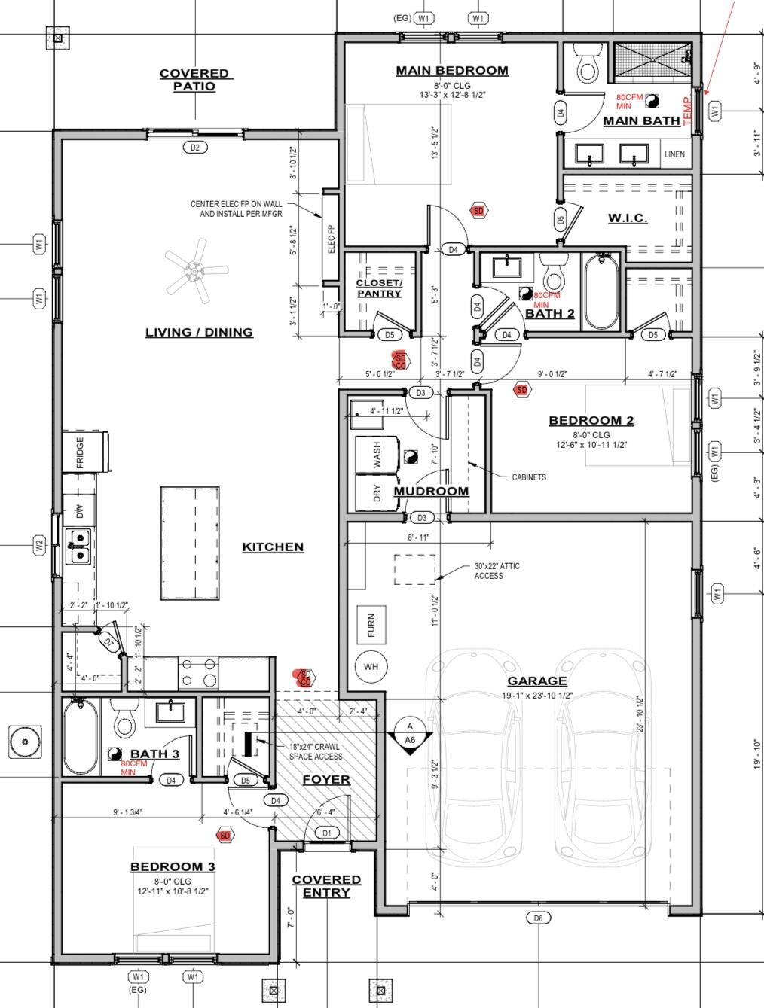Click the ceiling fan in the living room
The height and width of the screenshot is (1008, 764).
click(195, 270)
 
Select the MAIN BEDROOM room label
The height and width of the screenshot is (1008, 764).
click(452, 71)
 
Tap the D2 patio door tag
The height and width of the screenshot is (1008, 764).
click(194, 148)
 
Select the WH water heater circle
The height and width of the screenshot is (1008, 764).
click(371, 666)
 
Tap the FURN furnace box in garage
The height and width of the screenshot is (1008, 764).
click(371, 625)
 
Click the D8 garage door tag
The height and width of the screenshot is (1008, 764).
click(538, 918)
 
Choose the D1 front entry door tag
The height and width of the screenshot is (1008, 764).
click(326, 833)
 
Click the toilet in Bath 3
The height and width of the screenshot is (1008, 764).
click(124, 719)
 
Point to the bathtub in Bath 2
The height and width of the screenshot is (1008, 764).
click(601, 293)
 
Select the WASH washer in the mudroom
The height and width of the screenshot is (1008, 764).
click(377, 454)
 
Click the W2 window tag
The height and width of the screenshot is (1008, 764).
click(39, 547)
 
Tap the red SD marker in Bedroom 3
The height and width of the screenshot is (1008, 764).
click(224, 835)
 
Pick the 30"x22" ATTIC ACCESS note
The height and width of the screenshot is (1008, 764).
click(497, 571)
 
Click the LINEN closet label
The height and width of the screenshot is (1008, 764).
click(674, 154)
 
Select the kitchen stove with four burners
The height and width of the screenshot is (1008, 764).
click(198, 672)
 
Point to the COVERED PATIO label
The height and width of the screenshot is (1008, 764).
click(194, 80)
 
